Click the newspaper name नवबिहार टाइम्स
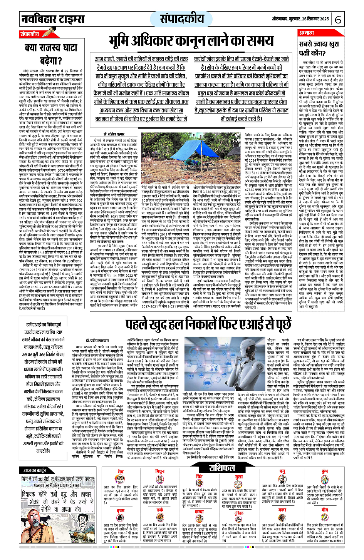[52, 18]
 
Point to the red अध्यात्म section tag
[307, 33]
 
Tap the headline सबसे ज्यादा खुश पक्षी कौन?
[319, 48]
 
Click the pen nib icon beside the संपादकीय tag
[47, 33]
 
